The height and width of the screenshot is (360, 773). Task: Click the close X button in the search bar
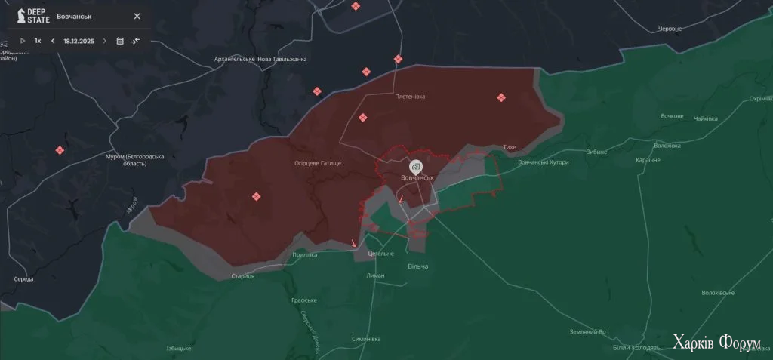137,16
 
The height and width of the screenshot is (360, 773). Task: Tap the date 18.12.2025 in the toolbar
78,41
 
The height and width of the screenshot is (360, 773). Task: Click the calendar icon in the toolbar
120,41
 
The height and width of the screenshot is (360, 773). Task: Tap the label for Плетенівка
410,97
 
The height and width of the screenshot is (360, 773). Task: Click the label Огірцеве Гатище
318,163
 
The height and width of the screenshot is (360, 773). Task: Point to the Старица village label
243,276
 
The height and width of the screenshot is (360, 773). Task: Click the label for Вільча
417,266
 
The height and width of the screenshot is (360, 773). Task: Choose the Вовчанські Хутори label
544,162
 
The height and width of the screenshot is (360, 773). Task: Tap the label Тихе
509,148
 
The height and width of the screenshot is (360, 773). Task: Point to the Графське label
303,300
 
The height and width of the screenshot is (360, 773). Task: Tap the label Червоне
670,29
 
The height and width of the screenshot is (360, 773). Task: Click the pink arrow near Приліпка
353,243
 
